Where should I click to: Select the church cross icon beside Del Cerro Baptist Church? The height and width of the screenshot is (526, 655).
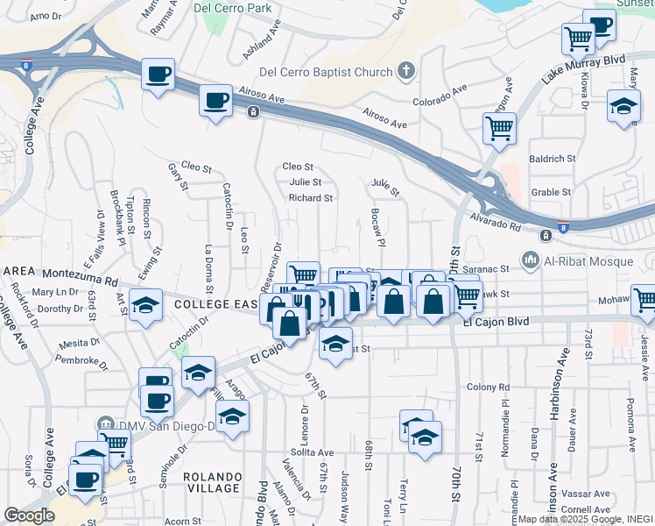point(405,70)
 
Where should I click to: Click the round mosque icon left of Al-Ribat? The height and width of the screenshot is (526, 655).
point(530,260)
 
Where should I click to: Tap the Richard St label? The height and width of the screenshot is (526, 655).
point(311,198)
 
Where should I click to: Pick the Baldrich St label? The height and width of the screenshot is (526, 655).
point(552,159)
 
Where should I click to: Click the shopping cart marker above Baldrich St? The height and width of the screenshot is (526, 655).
point(499,129)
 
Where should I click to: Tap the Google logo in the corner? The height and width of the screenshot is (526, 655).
point(29,515)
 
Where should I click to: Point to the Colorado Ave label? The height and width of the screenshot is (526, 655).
point(440,89)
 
